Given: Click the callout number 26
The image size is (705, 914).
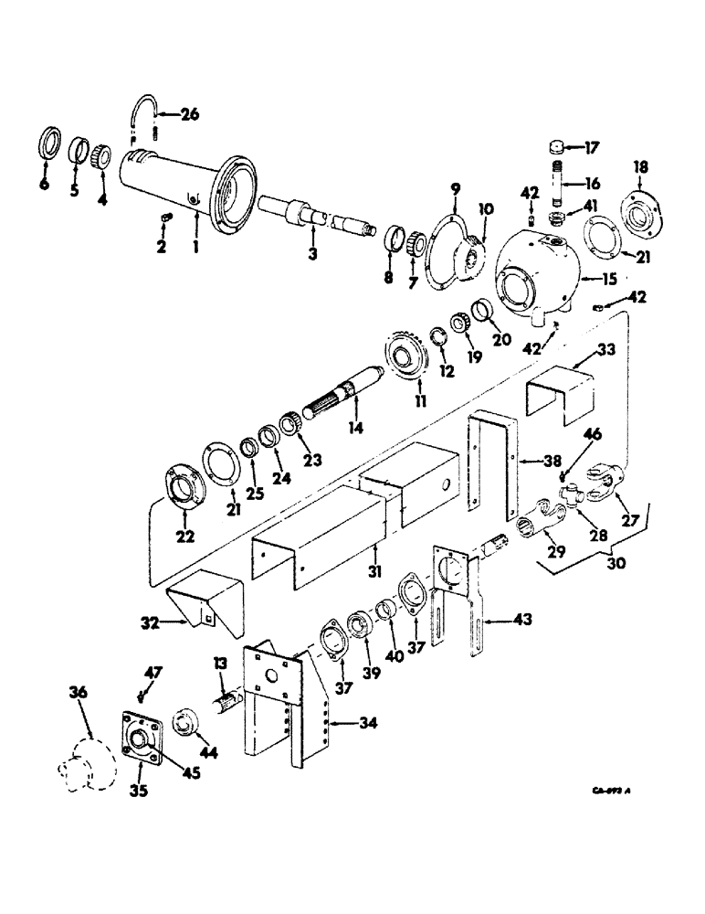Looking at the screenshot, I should [189, 114].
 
